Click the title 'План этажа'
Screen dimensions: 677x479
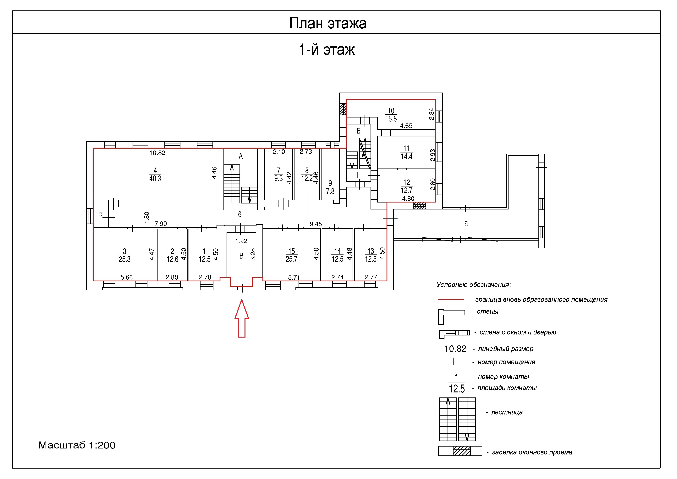coord(327,23)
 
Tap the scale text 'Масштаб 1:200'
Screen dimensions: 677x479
coord(77,445)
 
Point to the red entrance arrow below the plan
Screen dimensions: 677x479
coord(241,318)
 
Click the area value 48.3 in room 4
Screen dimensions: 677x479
coord(155,179)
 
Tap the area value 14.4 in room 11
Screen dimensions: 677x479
coord(407,157)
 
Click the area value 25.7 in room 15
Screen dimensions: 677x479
coord(291,259)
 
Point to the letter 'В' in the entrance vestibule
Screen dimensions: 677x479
coord(241,256)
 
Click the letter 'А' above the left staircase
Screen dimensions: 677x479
coord(241,157)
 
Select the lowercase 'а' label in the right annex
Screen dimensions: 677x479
coord(466,223)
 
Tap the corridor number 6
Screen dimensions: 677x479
coord(240,214)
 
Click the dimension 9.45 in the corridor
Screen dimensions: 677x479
coord(316,224)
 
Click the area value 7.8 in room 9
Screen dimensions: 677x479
coord(330,191)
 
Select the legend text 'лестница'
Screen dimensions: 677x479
coord(507,412)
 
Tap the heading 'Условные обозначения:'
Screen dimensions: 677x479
coord(474,285)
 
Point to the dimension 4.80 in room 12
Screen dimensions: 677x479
coord(408,199)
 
